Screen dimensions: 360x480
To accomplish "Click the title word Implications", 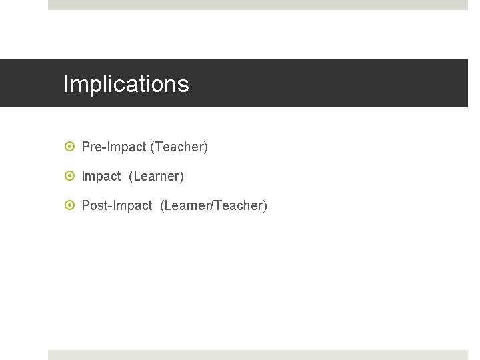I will click(x=126, y=85).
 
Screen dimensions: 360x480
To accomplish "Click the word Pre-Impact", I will click(x=113, y=147).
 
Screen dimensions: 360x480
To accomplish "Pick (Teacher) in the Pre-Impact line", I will click(x=179, y=147).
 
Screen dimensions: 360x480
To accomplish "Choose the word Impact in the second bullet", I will click(x=101, y=176).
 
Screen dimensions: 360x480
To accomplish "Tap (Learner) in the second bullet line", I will click(x=156, y=176).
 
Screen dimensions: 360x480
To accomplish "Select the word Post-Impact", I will click(x=117, y=205).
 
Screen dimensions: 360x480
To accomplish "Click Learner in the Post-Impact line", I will click(x=187, y=205).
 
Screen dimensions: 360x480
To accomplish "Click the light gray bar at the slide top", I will click(x=258, y=5).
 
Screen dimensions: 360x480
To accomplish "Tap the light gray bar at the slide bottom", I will click(x=258, y=355).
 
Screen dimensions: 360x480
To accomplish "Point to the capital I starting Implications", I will click(x=65, y=84).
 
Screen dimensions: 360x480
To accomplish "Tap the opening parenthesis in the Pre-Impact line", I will click(x=152, y=147).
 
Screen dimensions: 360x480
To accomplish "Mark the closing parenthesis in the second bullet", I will click(x=181, y=176).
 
